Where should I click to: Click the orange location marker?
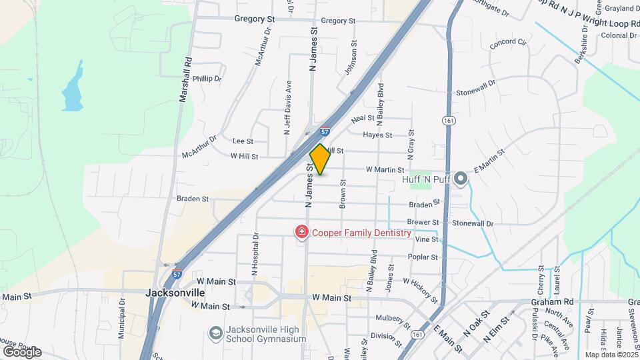[x=321, y=159]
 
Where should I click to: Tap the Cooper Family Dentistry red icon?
[x=301, y=232]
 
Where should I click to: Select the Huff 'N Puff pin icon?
[x=460, y=179]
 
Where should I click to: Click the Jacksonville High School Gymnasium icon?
[x=215, y=332]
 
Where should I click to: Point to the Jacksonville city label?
[x=174, y=292]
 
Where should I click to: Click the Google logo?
[x=21, y=352]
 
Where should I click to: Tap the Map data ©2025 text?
[x=611, y=355]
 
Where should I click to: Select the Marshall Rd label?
[x=186, y=78]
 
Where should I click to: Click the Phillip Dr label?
[x=207, y=79]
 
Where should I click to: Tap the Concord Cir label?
[x=508, y=44]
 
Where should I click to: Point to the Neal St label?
[x=363, y=118]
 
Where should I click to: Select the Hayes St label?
[x=377, y=135]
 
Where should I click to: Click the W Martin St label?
[x=385, y=170]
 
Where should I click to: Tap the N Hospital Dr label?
[x=255, y=254]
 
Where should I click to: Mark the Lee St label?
[x=243, y=141]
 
